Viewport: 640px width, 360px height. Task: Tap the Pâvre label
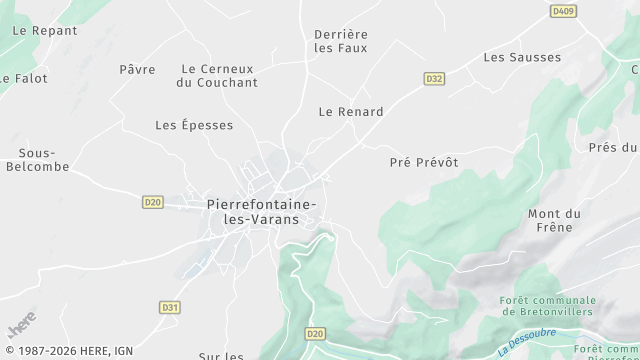137,69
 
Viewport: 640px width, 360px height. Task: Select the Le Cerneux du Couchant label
216,75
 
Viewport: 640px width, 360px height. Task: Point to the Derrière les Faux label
341,40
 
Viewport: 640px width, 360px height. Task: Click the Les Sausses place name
522,57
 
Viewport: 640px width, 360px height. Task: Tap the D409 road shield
564,11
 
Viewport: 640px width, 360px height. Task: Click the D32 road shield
434,78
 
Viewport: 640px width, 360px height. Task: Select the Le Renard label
351,112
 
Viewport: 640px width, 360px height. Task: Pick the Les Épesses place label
194,125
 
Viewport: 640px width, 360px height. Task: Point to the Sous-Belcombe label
44,160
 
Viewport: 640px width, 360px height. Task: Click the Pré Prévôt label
424,162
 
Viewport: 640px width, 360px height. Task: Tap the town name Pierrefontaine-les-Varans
261,211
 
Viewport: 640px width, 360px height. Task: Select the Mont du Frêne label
554,220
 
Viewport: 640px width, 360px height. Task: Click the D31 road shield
169,307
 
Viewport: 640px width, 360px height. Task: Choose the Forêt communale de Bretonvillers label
549,306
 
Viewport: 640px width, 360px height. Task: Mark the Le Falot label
23,77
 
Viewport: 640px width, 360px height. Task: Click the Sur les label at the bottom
221,355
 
